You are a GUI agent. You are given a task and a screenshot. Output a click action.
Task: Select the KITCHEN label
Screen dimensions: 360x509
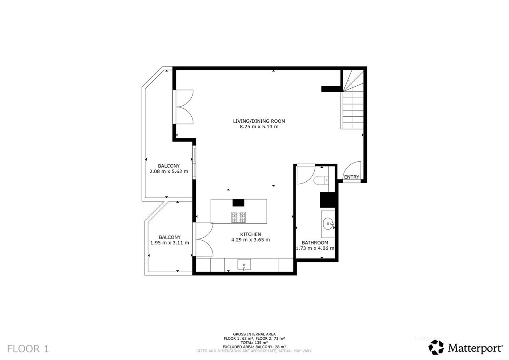pyautogui.click(x=250, y=234)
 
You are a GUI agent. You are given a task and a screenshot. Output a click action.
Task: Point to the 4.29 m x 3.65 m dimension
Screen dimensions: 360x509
pyautogui.click(x=250, y=239)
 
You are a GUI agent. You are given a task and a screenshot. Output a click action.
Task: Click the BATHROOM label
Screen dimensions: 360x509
pyautogui.click(x=315, y=242)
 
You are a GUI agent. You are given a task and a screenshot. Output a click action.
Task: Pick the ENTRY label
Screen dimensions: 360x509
pyautogui.click(x=351, y=177)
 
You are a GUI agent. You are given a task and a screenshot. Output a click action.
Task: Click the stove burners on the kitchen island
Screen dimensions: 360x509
pyautogui.click(x=238, y=217)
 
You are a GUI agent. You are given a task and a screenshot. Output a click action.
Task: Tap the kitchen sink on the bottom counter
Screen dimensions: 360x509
pyautogui.click(x=244, y=265)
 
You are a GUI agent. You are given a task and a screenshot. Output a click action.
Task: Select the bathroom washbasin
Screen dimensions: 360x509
pyautogui.click(x=327, y=223)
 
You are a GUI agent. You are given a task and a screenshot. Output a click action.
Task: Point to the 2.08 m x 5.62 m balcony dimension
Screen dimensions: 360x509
pyautogui.click(x=168, y=172)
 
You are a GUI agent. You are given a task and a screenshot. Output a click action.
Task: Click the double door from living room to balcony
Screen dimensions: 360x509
pyautogui.click(x=184, y=107)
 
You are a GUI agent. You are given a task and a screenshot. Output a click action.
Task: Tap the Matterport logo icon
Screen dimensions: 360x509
pyautogui.click(x=436, y=347)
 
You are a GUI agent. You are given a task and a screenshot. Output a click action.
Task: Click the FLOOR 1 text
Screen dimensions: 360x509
pyautogui.click(x=28, y=349)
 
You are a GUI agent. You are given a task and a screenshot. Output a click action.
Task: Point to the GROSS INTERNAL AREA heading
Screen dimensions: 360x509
pyautogui.click(x=254, y=334)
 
